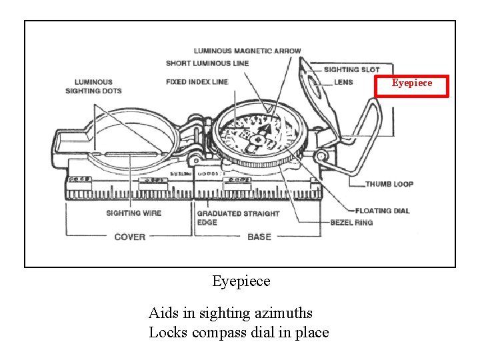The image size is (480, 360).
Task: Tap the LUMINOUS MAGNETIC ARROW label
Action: [x=247, y=51]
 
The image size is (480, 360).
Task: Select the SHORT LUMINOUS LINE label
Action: [x=207, y=63]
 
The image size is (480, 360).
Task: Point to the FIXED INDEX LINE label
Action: [x=197, y=82]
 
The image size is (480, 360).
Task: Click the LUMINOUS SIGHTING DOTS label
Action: [x=93, y=87]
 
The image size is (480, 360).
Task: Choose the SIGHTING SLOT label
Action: [x=351, y=69]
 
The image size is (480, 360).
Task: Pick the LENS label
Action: [x=343, y=82]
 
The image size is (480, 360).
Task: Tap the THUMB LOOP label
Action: [x=389, y=184]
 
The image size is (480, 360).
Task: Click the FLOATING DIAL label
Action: [x=383, y=211]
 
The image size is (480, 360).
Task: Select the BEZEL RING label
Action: [x=351, y=222]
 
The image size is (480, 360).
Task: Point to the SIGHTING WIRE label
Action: [x=134, y=213]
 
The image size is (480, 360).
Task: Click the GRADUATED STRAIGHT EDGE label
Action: [x=238, y=217]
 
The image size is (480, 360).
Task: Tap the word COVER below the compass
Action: [x=130, y=237]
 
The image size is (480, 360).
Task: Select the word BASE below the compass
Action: [x=259, y=237]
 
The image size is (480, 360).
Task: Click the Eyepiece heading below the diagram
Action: [x=241, y=281]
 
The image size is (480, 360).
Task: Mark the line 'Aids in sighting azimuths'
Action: [x=230, y=313]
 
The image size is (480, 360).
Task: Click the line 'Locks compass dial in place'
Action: [x=239, y=332]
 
